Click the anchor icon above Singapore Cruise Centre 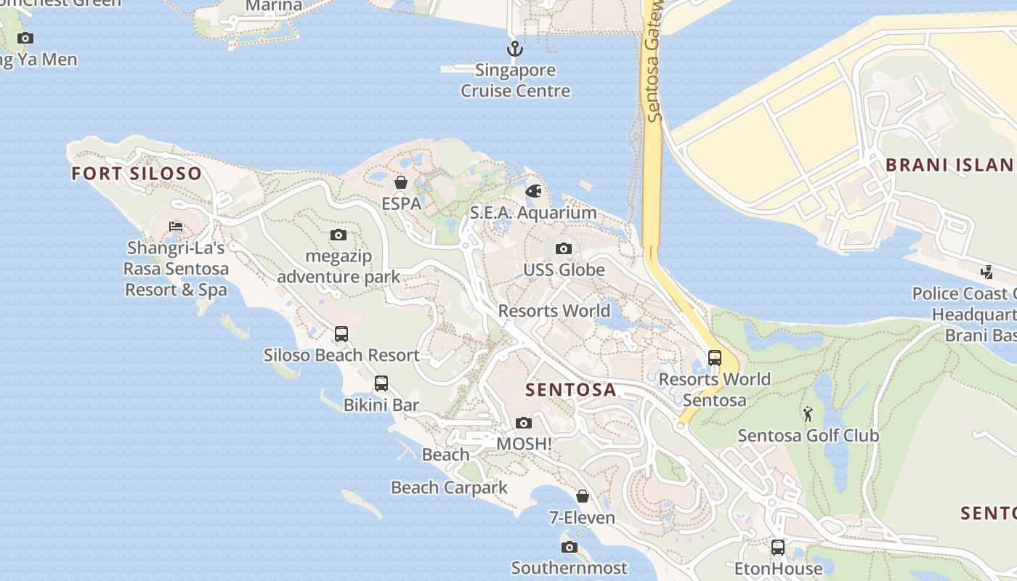click(x=514, y=49)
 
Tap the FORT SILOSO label click(x=137, y=174)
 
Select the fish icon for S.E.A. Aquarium click(x=533, y=192)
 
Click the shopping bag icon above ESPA click(x=400, y=182)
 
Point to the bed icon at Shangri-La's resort click(x=175, y=227)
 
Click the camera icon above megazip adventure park click(x=338, y=235)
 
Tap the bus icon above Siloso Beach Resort click(x=341, y=334)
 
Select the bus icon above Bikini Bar click(x=381, y=383)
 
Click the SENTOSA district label click(x=571, y=390)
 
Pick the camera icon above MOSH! click(x=523, y=423)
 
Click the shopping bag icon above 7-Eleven click(x=582, y=496)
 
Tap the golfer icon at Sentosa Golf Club click(x=808, y=414)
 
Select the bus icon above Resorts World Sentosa click(x=715, y=358)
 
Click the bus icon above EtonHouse click(x=777, y=548)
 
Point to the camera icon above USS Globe click(x=563, y=248)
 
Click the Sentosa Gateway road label click(x=653, y=62)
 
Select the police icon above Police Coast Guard click(x=986, y=272)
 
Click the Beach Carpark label click(x=449, y=487)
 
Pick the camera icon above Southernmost click(x=569, y=547)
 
